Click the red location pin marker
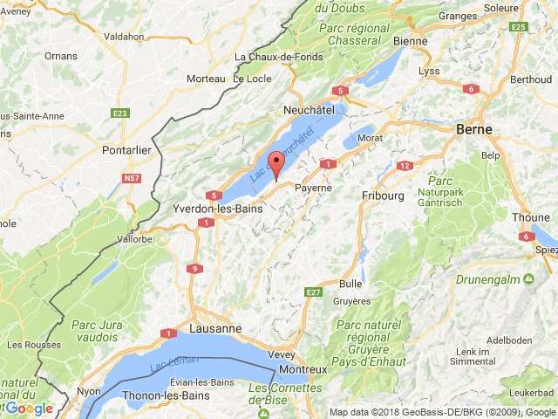276,163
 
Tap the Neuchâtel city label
310,111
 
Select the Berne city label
473,129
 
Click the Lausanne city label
214,329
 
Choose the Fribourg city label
383,196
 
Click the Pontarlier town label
126,149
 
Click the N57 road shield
132,178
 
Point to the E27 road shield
315,291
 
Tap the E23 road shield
120,113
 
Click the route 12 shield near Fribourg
404,166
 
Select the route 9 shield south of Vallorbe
194,269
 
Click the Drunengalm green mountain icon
528,279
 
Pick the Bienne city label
410,41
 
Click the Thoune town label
530,218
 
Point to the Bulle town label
350,284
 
